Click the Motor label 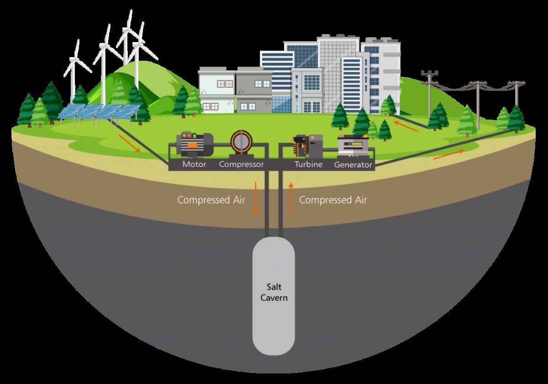(194, 164)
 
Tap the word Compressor (241, 164)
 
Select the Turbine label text (308, 164)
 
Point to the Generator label (353, 164)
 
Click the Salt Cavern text (274, 292)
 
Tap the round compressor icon (241, 143)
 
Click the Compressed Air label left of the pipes (211, 200)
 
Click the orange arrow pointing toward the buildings (406, 126)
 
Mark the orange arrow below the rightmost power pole (448, 154)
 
